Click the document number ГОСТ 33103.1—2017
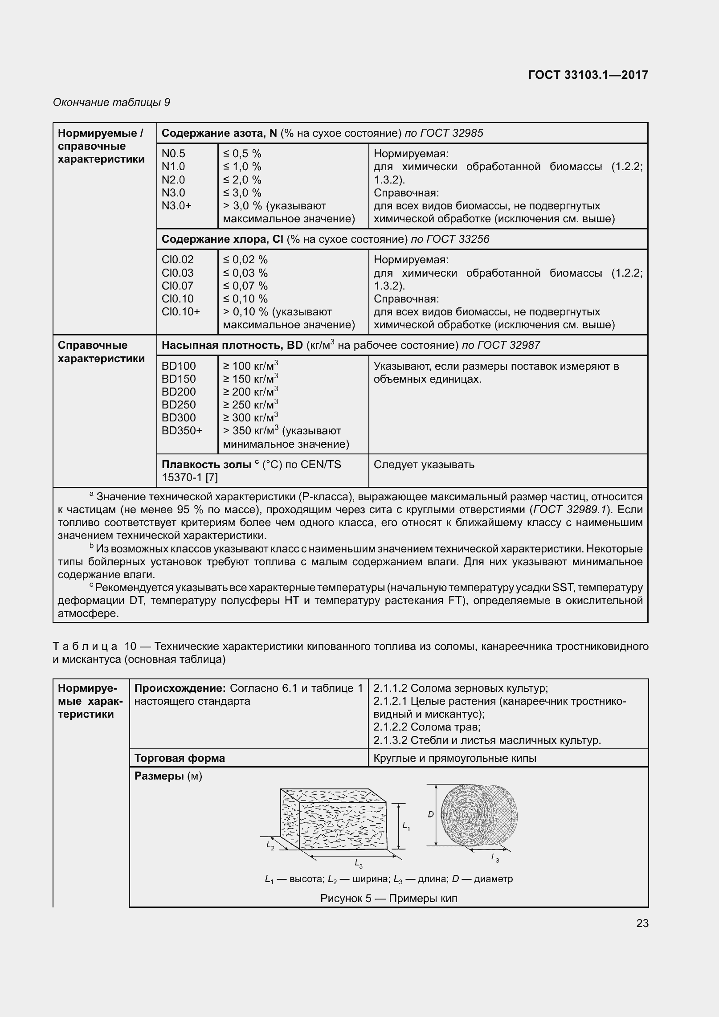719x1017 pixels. [x=588, y=75]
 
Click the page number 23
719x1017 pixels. [x=642, y=923]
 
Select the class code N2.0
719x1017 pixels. [x=173, y=180]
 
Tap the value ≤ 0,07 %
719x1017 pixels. [x=245, y=286]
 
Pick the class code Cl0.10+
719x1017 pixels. [x=180, y=312]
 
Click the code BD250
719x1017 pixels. [x=179, y=405]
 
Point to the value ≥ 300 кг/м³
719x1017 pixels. [x=250, y=417]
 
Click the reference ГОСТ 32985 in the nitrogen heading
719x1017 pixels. [x=453, y=133]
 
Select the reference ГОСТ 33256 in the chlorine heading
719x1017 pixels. [x=458, y=239]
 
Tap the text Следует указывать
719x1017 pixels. [x=424, y=465]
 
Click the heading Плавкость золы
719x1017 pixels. [x=206, y=465]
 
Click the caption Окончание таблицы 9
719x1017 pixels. [x=111, y=102]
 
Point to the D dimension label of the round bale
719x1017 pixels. [x=430, y=814]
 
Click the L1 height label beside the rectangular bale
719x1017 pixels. [x=406, y=826]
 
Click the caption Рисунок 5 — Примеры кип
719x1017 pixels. [x=388, y=898]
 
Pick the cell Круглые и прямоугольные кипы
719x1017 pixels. [x=454, y=758]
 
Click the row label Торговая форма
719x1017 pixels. [x=180, y=758]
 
